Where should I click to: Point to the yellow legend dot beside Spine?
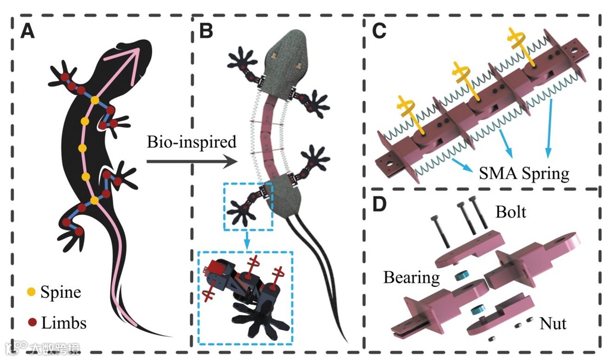point(31,292)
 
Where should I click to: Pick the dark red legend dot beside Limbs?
point(31,323)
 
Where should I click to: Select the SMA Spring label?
point(523,174)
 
